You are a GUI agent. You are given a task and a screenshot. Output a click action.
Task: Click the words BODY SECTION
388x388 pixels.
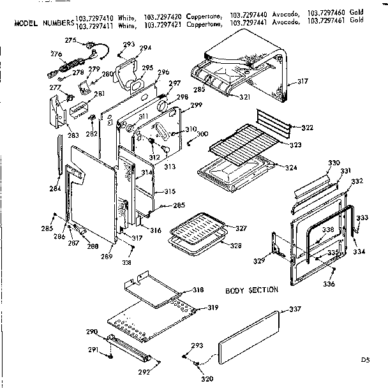[x=252, y=290]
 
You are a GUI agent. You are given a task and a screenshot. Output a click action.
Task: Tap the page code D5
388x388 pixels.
[x=365, y=360]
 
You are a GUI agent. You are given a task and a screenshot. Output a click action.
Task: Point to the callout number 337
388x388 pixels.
[x=295, y=310]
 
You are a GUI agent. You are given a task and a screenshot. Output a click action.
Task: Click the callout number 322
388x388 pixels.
[x=307, y=128]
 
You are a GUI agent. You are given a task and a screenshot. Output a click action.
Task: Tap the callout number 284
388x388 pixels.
[x=55, y=188]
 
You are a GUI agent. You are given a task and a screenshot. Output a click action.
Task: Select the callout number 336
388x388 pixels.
[x=329, y=284]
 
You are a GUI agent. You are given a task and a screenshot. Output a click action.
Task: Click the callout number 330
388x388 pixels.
[x=334, y=164]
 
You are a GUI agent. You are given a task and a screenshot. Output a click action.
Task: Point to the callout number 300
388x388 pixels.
[x=202, y=133]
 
